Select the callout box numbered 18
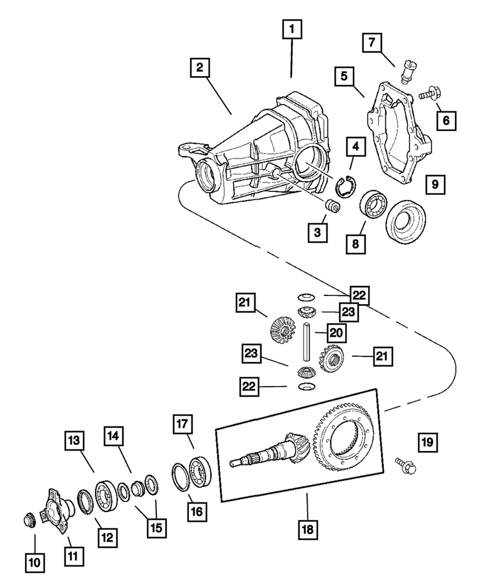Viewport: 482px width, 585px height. tap(307, 529)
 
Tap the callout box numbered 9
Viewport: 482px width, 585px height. tap(435, 185)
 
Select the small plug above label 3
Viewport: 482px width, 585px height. tap(332, 207)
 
